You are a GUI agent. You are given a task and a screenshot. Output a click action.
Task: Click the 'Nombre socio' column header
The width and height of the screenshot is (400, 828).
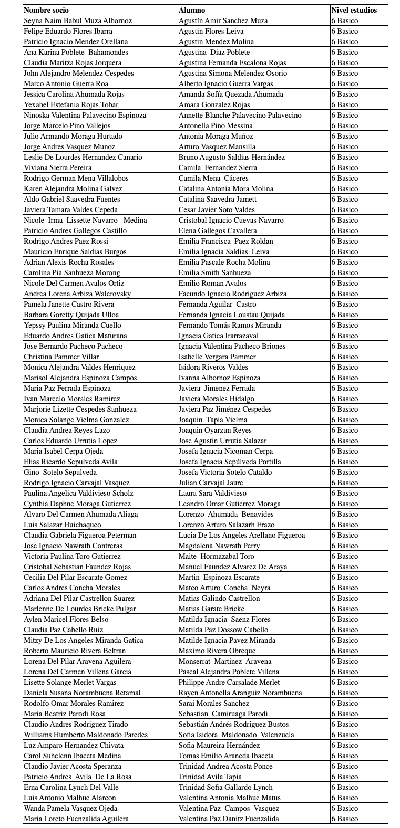46,10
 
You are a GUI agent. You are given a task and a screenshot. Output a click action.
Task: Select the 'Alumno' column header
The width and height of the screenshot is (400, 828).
192,10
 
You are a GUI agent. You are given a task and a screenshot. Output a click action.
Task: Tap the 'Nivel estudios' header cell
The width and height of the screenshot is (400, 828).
354,10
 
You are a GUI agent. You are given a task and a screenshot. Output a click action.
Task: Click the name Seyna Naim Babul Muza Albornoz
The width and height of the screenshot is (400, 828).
78,20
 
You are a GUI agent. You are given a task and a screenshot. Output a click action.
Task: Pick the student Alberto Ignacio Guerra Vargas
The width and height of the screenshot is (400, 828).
225,83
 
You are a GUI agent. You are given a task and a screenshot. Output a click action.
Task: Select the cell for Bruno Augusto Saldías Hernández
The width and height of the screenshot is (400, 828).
231,157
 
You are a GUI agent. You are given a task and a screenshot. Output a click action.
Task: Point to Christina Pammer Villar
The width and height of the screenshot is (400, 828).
61,357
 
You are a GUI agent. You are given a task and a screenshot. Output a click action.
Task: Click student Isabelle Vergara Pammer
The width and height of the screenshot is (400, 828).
217,357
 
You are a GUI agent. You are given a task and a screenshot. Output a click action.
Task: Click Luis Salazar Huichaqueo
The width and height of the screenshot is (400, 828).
63,525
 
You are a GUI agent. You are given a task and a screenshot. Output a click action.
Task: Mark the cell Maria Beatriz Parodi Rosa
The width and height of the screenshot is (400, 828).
65,714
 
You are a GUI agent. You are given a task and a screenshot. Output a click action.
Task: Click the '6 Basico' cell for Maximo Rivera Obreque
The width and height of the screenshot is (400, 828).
344,651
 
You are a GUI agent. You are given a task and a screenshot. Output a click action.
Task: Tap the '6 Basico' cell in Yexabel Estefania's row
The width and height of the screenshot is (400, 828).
344,104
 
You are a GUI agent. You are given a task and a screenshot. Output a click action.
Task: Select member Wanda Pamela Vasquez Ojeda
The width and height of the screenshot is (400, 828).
70,808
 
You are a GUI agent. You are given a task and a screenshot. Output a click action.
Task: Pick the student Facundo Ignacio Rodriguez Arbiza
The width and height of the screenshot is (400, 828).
232,294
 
